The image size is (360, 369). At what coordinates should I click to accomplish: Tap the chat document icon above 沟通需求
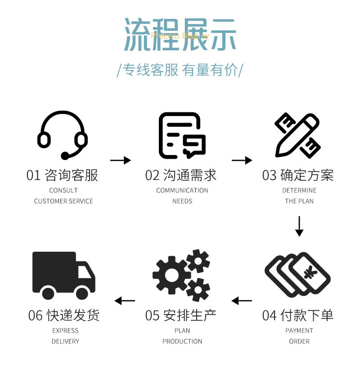182,135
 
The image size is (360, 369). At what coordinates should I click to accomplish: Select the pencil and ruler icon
297,135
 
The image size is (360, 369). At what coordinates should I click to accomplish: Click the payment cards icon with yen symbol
297,274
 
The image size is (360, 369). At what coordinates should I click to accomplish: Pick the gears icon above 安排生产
181,275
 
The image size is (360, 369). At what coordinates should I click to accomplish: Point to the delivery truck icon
63,276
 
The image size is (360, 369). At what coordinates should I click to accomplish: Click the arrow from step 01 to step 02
120,160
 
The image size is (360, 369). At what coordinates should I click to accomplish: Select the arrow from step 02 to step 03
242,160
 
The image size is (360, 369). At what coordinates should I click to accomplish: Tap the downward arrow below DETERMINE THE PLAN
299,226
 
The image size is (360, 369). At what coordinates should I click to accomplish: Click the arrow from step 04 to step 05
242,300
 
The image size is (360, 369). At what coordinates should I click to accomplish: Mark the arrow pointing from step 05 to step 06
125,300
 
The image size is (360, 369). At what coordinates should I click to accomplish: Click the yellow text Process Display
180,36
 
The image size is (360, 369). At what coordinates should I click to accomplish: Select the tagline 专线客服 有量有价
180,71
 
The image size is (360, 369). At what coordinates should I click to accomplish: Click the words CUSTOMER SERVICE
63,201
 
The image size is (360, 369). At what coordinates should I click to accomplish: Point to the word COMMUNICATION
182,190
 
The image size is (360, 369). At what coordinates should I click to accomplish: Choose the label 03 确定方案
298,175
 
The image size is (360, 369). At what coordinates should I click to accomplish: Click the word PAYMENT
299,330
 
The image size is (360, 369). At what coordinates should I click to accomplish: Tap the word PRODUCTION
182,341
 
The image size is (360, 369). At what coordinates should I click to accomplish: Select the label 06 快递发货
63,315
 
